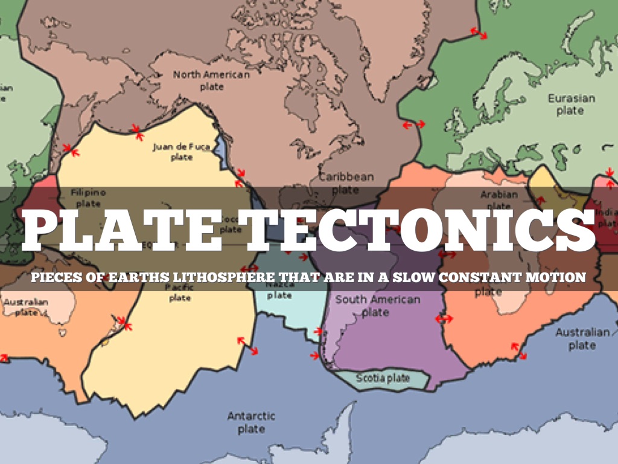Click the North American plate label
(211, 80)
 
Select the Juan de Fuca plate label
(181, 152)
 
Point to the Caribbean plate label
(346, 183)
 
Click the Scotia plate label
(382, 379)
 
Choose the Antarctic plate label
(251, 422)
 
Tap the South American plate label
(378, 305)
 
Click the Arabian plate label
(499, 200)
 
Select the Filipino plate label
(88, 198)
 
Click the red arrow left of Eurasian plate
(414, 124)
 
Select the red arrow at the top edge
(479, 33)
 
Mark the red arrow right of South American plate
(444, 318)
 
